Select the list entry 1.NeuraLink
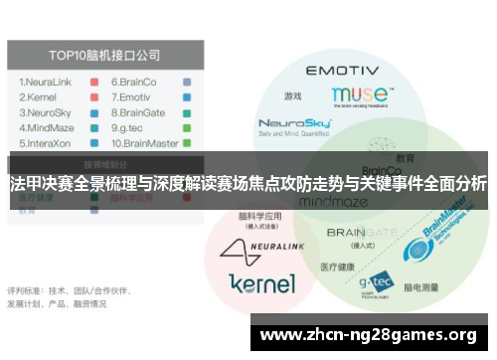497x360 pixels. click(45, 83)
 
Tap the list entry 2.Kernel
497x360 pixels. click(37, 98)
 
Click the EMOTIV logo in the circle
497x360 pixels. click(341, 72)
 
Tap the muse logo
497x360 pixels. click(357, 94)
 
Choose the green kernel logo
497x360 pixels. click(261, 283)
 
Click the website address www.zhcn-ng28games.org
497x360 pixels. click(368, 334)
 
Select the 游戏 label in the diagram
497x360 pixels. click(292, 96)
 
